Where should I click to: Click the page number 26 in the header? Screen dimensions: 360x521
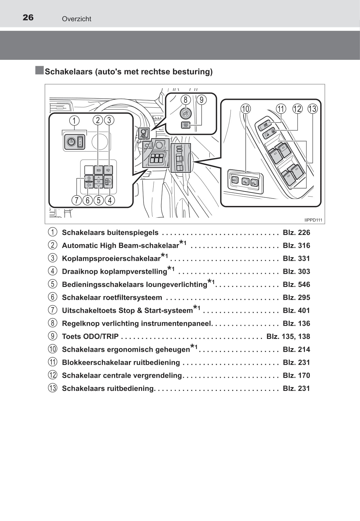(28, 18)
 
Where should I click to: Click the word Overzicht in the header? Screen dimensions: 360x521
(77, 19)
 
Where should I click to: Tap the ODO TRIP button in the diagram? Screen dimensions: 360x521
(186, 125)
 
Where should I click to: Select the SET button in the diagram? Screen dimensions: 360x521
(234, 180)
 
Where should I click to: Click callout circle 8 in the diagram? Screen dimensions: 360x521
(185, 100)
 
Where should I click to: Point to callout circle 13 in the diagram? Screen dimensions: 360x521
(312, 109)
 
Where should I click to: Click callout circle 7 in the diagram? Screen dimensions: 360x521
(76, 200)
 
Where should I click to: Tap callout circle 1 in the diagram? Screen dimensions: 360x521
(74, 120)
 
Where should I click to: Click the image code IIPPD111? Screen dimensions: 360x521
(313, 220)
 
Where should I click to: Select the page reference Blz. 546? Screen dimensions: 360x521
(296, 284)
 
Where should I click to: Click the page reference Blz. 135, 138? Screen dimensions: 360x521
(288, 336)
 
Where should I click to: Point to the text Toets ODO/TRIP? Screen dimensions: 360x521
(90, 336)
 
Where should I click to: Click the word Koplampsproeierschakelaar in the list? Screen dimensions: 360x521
(111, 259)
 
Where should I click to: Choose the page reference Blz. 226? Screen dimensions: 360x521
(296, 232)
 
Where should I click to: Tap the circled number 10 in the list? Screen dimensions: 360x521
(53, 349)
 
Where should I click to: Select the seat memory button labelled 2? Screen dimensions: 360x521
(254, 183)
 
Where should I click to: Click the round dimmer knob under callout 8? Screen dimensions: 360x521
(185, 114)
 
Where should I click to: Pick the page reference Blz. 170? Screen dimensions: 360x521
(296, 375)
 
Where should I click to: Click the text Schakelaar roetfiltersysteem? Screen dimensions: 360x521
(112, 297)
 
